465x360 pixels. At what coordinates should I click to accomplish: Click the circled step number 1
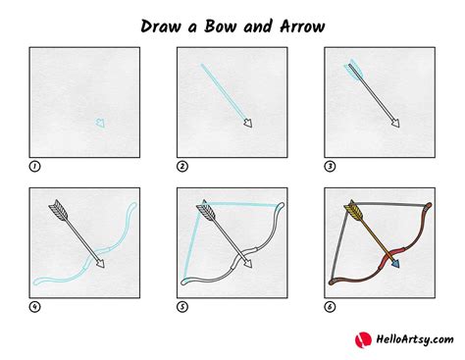coord(35,166)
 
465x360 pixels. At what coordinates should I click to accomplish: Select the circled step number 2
coord(182,166)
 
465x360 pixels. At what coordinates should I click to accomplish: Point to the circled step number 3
coord(330,166)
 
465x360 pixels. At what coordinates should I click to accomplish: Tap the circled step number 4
coord(35,306)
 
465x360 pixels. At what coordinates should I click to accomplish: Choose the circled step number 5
coord(182,306)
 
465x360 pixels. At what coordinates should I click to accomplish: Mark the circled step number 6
coord(330,306)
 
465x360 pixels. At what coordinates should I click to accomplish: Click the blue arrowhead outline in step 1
coord(99,123)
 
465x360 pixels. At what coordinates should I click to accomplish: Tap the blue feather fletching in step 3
coord(351,69)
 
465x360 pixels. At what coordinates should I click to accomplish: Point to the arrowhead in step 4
coord(99,262)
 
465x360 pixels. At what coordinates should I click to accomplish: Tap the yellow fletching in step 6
coord(352,210)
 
